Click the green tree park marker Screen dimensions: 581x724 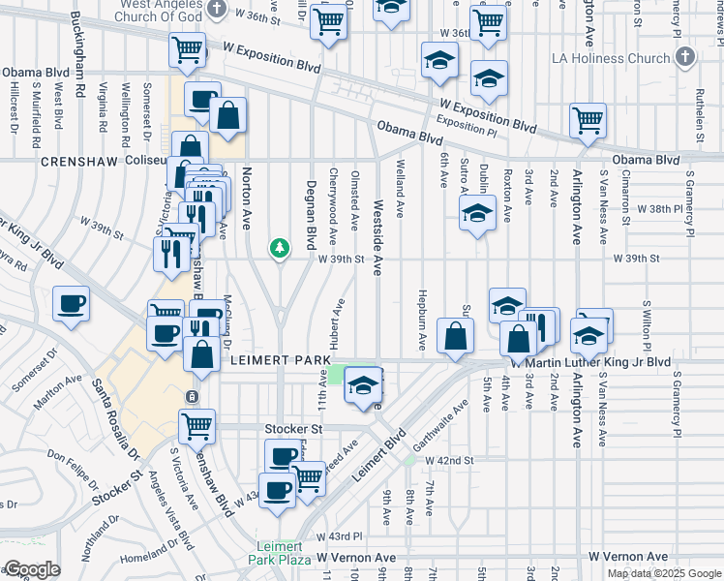pyautogui.click(x=280, y=250)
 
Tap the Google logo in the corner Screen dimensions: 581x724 pyautogui.click(x=32, y=569)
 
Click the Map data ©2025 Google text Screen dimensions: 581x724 pyautogui.click(x=664, y=573)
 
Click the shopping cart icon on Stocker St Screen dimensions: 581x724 pyautogui.click(x=196, y=424)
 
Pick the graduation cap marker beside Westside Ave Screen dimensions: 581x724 pyautogui.click(x=363, y=386)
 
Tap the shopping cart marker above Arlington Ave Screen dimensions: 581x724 pyautogui.click(x=588, y=121)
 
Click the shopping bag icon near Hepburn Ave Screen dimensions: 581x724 pyautogui.click(x=454, y=336)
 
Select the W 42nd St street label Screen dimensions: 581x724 pyautogui.click(x=447, y=461)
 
